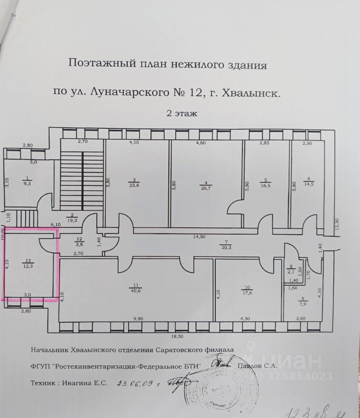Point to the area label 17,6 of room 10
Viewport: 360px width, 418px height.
click(x=248, y=293)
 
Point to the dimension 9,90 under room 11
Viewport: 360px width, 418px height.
click(x=138, y=319)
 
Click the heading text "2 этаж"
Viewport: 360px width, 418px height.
click(x=182, y=114)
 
